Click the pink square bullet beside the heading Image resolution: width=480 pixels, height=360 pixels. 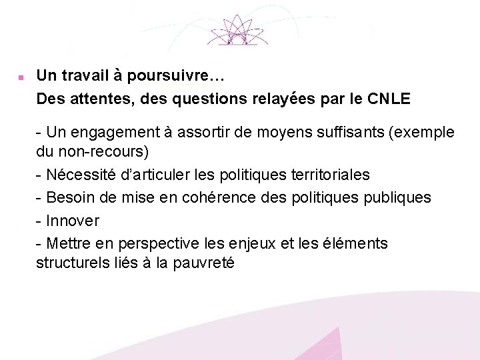click(x=21, y=77)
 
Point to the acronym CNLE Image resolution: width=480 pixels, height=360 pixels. click(x=389, y=99)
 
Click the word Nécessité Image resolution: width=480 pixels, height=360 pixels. click(x=82, y=175)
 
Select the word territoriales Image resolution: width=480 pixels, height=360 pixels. click(x=331, y=175)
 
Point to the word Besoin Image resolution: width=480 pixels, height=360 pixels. click(x=71, y=197)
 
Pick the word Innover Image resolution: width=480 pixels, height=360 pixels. click(x=73, y=221)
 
